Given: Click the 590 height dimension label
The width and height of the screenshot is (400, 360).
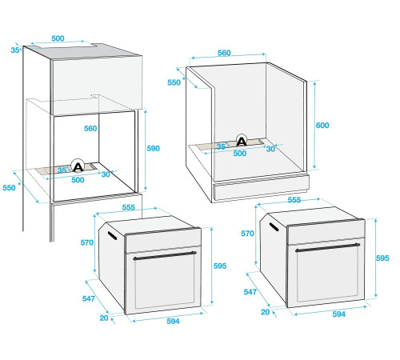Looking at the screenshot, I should [153, 149].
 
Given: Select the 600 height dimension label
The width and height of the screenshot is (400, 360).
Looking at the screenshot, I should [323, 126].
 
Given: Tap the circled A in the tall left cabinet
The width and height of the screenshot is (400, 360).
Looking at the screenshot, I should [78, 166].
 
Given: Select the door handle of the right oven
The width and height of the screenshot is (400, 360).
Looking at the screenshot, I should [329, 248].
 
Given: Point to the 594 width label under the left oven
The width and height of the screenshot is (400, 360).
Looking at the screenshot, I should [173, 321].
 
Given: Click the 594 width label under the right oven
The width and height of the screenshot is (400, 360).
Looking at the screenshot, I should [338, 314].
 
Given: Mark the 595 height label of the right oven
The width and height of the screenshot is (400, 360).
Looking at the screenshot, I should [382, 258].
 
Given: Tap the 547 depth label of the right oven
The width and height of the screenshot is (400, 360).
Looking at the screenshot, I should [250, 293].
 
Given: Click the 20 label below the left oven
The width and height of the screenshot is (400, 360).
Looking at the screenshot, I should [104, 318].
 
